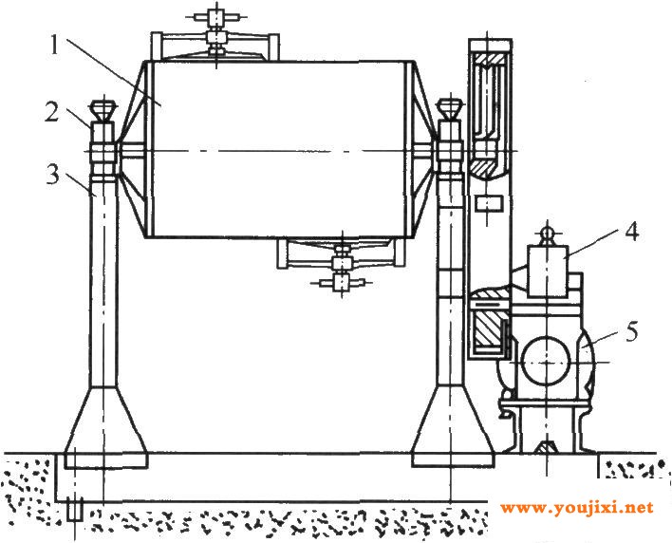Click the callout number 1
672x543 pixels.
pos(54,46)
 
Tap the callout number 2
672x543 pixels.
pos(51,112)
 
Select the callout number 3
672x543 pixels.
pos(52,175)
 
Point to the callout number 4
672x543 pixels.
pos(631,232)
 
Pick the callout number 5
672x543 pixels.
pos(631,331)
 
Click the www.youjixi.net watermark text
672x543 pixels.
pos(576,508)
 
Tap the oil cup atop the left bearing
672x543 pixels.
pos(103,109)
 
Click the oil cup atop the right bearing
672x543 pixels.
pos(449,109)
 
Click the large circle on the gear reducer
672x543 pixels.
pos(546,363)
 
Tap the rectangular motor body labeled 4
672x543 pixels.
pos(548,271)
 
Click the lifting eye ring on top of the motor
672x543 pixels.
pos(548,234)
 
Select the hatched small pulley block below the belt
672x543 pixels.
pos(489,328)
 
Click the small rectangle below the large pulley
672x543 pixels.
pos(488,203)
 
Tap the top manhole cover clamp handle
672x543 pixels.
pos(215,17)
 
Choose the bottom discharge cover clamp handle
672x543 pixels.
pos(342,282)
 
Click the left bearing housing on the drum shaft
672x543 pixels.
pos(103,153)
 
